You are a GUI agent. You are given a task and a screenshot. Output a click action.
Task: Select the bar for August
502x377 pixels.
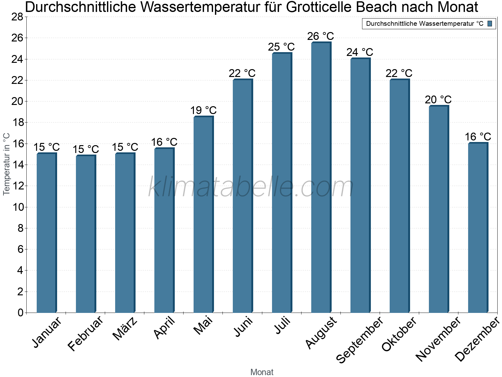pos(321,178)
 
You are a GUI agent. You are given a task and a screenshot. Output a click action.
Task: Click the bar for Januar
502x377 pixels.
pos(46,233)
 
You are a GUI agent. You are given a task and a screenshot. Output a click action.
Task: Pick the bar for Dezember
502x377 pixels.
pos(478,228)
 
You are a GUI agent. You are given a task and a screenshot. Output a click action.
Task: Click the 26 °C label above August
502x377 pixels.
pos(321,36)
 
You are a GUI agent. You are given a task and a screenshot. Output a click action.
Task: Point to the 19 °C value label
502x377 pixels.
pos(203,111)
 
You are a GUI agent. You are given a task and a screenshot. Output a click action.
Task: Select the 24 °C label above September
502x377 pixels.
pos(360,52)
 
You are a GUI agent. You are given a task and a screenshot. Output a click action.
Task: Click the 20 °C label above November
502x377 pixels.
pos(438,100)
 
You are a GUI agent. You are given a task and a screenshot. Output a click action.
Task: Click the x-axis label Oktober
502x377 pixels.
pos(399,334)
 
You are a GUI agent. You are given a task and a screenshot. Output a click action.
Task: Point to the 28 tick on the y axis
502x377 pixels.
pos(17,17)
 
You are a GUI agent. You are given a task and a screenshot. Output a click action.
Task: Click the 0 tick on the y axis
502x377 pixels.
pos(20,313)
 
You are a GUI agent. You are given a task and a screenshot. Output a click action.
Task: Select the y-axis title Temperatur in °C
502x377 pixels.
pos(7,164)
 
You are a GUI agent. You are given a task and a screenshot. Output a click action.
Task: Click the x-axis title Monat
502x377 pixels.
pos(262,372)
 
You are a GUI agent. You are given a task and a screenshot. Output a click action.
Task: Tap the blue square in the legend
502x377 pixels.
pos(490,24)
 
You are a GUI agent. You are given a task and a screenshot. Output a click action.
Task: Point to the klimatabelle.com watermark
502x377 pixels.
pos(251,187)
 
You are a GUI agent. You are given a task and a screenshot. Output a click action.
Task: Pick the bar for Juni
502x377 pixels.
pos(243,196)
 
